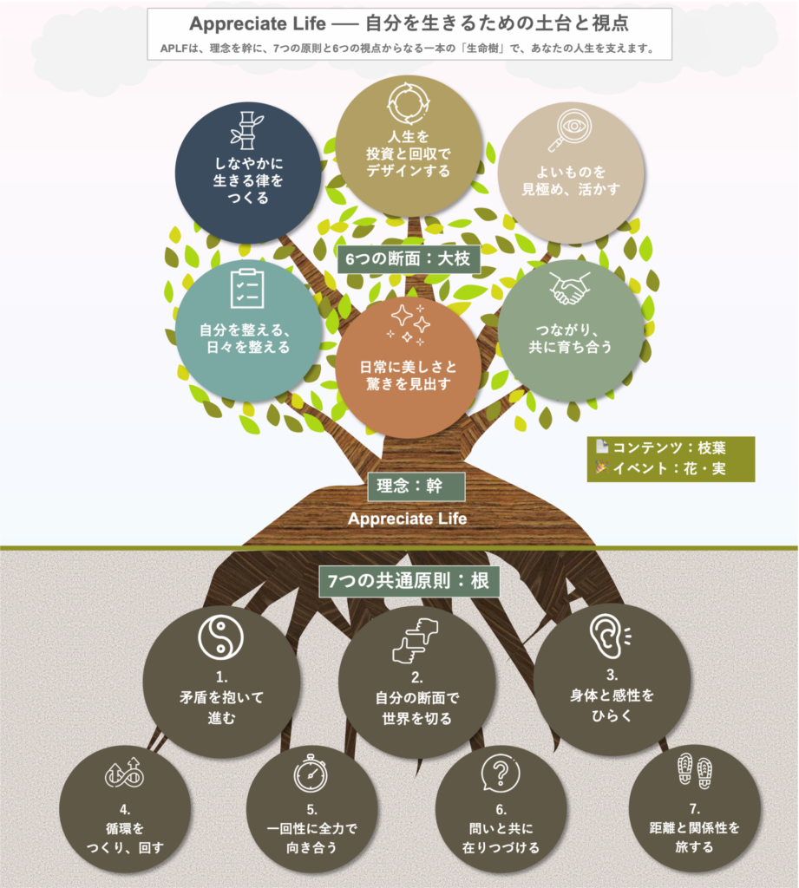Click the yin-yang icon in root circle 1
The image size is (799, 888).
[221, 637]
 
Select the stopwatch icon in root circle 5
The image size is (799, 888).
[311, 773]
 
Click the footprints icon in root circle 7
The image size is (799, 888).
[695, 771]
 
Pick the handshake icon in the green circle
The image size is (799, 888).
[569, 288]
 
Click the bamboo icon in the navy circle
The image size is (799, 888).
[246, 130]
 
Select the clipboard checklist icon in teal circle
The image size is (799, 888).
[247, 288]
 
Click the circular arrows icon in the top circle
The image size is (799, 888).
[408, 104]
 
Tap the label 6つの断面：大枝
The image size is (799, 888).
[409, 258]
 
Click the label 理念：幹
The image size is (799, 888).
[416, 486]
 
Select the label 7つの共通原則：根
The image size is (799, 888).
[409, 581]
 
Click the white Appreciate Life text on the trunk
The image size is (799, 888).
[408, 519]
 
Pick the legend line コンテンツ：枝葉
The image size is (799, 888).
[661, 448]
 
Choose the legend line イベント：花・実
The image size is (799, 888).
[661, 468]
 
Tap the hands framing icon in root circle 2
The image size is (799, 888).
[416, 640]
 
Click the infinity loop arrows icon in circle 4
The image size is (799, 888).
[124, 773]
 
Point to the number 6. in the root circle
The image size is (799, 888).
[501, 810]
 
